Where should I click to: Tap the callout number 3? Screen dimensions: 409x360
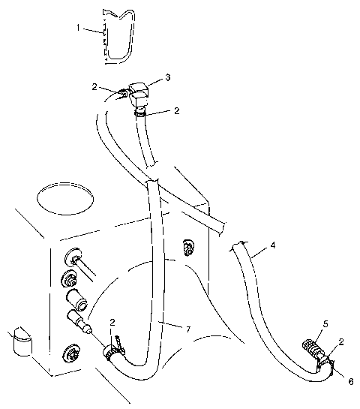click(168, 77)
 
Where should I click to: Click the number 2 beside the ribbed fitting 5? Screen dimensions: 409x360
click(340, 342)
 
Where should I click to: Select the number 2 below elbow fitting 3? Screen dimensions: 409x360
click(176, 111)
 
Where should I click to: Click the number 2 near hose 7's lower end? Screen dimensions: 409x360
click(113, 323)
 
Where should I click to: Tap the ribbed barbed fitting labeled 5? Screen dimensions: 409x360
click(311, 349)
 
